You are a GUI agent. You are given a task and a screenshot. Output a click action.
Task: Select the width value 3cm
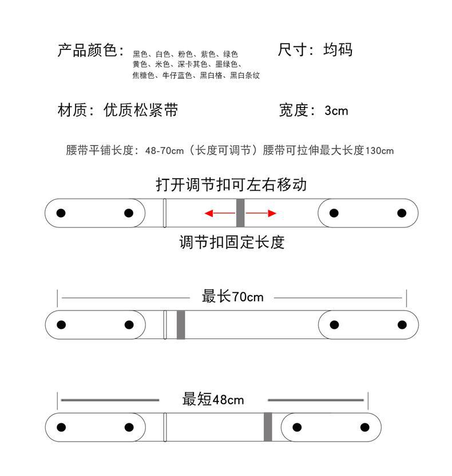336,111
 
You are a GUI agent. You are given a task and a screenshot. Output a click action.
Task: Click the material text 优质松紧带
141,111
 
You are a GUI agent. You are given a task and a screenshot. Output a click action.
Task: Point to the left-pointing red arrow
219,214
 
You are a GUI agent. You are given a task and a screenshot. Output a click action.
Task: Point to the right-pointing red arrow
262,214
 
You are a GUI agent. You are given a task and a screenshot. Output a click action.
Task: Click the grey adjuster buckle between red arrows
240,213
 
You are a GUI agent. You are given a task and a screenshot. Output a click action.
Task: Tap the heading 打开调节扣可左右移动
231,184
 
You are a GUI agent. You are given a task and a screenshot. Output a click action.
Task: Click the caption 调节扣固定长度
231,243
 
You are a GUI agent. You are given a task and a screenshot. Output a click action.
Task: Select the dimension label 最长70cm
232,297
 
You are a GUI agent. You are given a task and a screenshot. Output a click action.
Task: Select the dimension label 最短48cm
213,399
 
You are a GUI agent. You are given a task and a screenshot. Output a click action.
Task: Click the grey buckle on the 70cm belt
181,325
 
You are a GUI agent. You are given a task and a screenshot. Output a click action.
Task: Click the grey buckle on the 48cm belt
268,427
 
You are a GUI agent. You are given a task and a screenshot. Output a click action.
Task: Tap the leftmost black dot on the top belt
61,213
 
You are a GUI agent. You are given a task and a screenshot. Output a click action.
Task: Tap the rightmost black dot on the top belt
402,213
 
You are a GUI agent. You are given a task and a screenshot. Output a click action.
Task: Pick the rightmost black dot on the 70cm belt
402,325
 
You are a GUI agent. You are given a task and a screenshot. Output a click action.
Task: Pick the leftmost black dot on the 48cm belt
61,427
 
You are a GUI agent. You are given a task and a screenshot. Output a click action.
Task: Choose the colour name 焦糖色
144,75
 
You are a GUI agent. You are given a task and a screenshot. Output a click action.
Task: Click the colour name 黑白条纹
245,75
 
